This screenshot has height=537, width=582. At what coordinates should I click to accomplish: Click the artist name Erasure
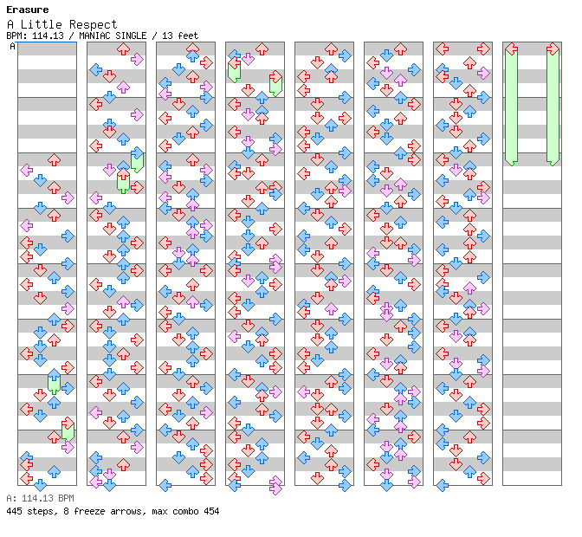[x=27, y=10]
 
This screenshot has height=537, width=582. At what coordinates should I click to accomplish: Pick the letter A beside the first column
[x=12, y=47]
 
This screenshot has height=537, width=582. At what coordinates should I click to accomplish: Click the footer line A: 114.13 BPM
[x=40, y=499]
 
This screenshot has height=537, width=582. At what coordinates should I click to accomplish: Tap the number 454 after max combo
[x=210, y=511]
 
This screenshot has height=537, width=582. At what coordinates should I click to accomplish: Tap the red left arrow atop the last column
[x=511, y=49]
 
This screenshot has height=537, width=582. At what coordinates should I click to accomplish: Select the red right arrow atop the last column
[x=553, y=49]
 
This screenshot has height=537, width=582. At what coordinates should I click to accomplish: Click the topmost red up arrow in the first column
[x=54, y=160]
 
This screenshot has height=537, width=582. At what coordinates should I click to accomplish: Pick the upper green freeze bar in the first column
[x=54, y=383]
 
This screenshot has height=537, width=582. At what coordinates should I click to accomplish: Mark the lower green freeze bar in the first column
[x=68, y=430]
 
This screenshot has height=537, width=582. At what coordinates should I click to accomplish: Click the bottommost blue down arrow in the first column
[x=40, y=485]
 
